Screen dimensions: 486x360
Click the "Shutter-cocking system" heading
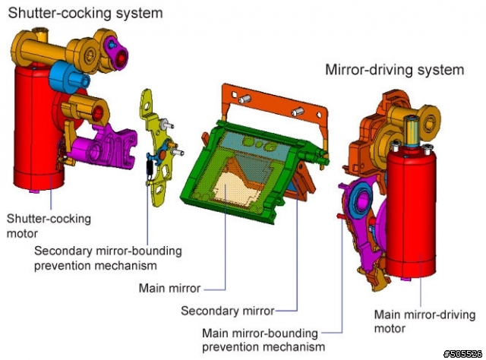[x=85, y=14]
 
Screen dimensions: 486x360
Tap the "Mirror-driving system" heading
[x=395, y=69]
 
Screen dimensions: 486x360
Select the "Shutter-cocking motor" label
[x=49, y=226]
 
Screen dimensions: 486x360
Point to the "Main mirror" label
[x=169, y=288]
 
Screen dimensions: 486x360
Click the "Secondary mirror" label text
[x=228, y=311]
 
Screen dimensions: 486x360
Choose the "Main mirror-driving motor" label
[x=424, y=321]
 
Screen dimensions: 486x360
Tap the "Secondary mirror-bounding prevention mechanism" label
[x=108, y=258]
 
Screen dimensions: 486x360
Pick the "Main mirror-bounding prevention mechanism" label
[x=264, y=339]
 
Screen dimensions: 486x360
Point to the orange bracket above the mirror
[x=276, y=106]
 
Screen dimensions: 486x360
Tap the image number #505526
[x=463, y=354]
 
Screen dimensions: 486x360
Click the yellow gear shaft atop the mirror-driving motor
[x=412, y=131]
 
